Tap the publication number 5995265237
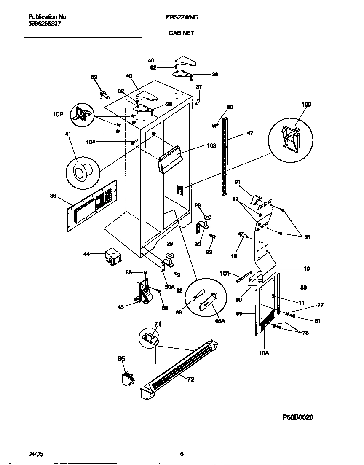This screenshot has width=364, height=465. tap(45, 24)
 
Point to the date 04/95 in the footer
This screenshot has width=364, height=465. tap(35, 454)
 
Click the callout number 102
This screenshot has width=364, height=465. tap(58, 114)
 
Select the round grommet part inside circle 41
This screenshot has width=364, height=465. tap(80, 172)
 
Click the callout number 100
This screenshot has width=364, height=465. tap(306, 105)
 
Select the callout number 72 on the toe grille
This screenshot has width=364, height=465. tap(190, 380)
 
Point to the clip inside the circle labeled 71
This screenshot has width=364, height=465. tap(149, 338)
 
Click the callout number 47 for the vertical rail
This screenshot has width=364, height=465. tap(250, 133)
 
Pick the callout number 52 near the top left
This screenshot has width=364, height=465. tap(94, 77)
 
